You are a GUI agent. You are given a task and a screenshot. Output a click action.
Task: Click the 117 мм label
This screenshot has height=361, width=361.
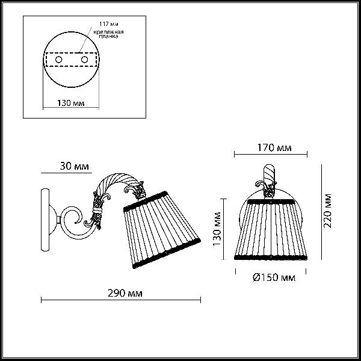pyautogui.click(x=109, y=24)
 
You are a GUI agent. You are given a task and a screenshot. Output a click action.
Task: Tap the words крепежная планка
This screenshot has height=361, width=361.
pyautogui.click(x=108, y=34)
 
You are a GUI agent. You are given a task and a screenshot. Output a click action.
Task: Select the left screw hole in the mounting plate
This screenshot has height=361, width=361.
pyautogui.click(x=59, y=60)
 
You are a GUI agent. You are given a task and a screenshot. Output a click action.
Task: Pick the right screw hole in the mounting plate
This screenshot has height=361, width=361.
pyautogui.click(x=84, y=60)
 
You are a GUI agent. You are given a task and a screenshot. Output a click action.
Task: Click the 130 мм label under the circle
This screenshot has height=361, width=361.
pyautogui.click(x=70, y=103)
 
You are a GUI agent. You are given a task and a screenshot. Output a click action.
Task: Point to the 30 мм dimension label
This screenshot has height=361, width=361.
pyautogui.click(x=74, y=166)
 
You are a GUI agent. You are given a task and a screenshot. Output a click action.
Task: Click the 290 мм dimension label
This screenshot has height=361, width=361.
pyautogui.click(x=125, y=294)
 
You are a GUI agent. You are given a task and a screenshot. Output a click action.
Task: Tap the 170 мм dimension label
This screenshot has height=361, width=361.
pyautogui.click(x=274, y=147)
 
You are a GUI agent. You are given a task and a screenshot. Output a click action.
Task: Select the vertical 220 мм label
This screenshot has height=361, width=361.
pyautogui.click(x=327, y=211)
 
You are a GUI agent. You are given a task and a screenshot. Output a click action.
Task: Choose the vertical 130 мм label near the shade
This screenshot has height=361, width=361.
pyautogui.click(x=217, y=229)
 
